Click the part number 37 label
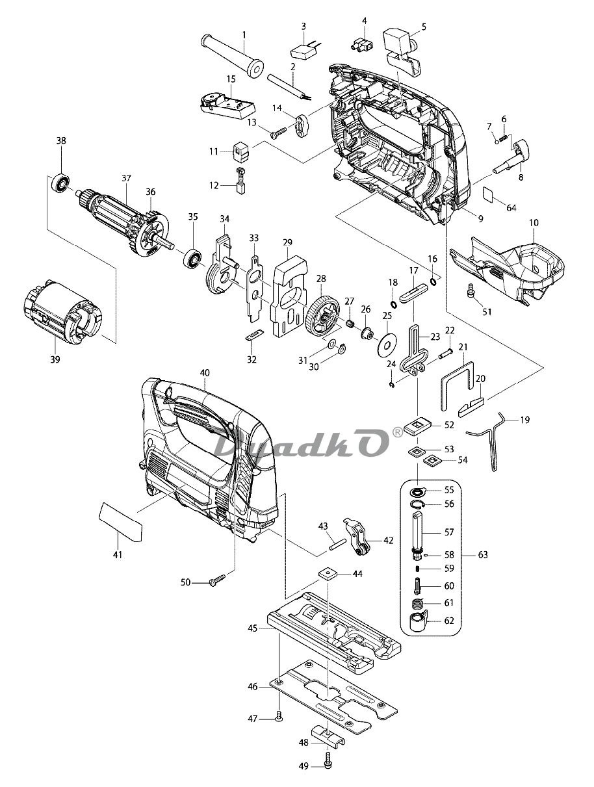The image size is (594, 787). click(126, 178)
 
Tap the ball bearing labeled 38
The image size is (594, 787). click(61, 183)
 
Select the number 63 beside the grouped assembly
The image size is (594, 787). click(483, 554)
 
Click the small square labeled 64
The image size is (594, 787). click(488, 192)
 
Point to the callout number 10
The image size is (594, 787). click(534, 223)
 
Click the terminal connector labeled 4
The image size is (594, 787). click(361, 45)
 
